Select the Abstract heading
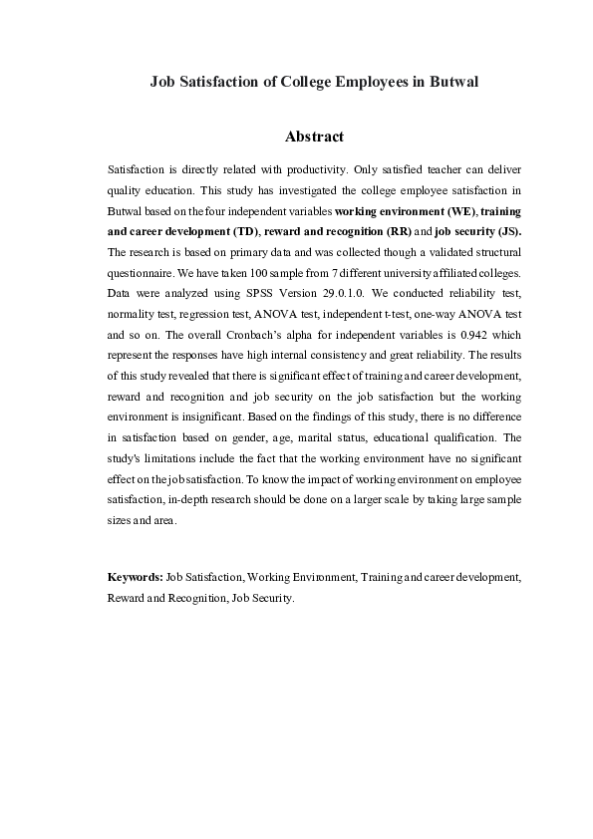click(314, 136)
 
